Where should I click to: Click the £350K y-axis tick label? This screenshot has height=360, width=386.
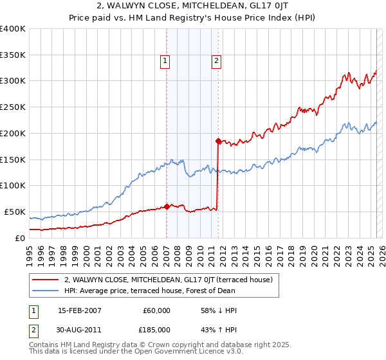click(13, 55)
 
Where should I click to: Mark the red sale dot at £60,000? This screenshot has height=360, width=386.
click(167, 206)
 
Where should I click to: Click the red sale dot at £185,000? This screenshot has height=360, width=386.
click(218, 140)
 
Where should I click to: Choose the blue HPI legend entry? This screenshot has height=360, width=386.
click(149, 291)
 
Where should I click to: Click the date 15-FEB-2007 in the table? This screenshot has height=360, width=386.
click(79, 310)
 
